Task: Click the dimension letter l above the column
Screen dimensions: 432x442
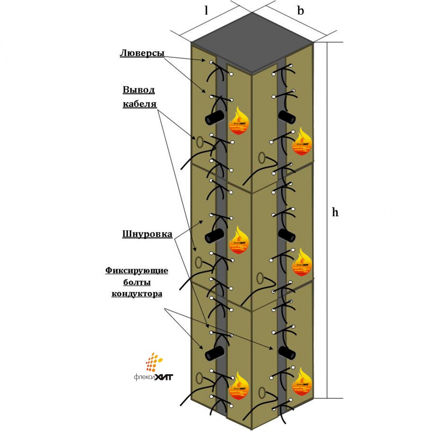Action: [x=206, y=10]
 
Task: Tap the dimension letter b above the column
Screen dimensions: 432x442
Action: [x=301, y=10]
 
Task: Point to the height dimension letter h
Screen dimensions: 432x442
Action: [x=335, y=212]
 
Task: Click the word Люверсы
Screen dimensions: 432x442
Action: [x=142, y=53]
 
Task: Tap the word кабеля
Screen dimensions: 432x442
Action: [x=139, y=104]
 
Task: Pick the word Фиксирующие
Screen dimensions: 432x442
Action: [x=137, y=271]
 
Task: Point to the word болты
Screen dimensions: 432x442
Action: [x=137, y=282]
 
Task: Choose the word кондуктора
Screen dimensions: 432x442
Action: [x=137, y=293]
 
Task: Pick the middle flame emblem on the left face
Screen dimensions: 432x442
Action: [x=239, y=240]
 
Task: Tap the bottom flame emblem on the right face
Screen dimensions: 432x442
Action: [x=301, y=381]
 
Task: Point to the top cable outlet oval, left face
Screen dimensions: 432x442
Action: [x=199, y=142]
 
